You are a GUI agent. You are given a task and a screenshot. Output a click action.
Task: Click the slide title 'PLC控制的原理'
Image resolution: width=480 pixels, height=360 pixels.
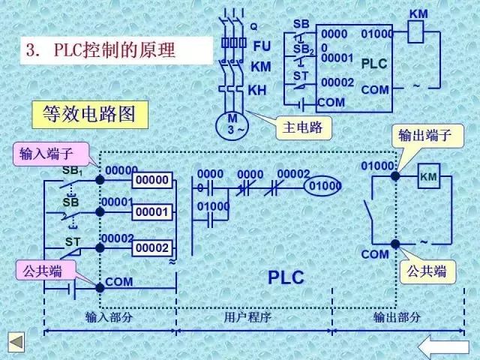point(112,51)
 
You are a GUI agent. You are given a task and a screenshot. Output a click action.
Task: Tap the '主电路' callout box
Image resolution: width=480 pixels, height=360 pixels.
point(303,127)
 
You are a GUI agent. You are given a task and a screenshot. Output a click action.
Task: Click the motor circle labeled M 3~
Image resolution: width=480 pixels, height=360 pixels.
point(232,124)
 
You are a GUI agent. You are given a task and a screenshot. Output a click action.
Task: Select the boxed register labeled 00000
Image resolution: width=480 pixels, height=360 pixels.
point(152,180)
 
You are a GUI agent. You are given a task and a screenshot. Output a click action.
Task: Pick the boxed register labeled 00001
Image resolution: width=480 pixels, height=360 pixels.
point(152,213)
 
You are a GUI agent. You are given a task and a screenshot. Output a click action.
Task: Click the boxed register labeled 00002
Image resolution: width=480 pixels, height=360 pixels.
point(152,247)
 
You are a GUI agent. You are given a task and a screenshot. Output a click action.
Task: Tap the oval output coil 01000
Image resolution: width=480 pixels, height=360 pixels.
point(323,185)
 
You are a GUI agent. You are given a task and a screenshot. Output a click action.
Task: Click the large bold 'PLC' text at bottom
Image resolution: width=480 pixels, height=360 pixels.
point(286,277)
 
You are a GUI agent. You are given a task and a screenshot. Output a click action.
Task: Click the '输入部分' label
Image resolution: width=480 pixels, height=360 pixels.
point(109,317)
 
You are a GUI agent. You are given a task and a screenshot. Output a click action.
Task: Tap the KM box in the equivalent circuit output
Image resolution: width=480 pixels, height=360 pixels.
point(428,176)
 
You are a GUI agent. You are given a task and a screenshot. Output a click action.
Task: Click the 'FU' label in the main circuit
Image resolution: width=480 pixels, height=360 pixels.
point(261,46)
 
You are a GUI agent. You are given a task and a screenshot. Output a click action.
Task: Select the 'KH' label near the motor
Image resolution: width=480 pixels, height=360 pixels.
point(257,91)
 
